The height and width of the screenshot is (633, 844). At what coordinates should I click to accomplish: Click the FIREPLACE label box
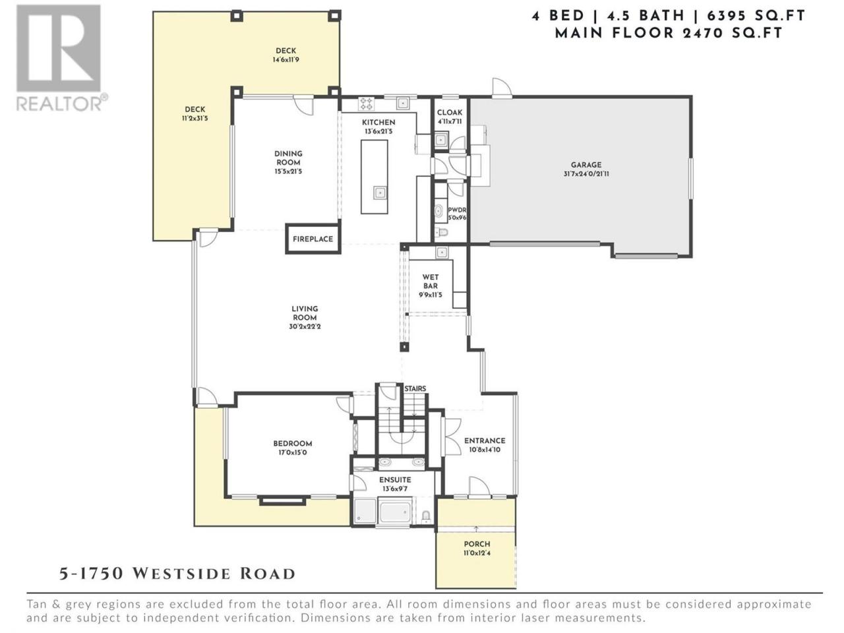point(313,239)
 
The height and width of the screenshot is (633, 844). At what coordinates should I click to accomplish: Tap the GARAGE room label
point(586,165)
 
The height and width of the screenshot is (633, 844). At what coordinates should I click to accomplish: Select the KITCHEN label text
point(378,122)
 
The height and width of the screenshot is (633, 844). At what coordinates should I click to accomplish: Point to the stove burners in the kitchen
point(366,104)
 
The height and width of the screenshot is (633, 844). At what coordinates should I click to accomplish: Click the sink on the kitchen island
point(380,192)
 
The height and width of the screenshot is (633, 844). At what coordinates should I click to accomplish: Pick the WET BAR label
point(431,282)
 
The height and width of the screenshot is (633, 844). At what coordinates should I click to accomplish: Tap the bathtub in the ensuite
point(394,510)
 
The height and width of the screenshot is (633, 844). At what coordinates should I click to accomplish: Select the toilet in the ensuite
point(425,516)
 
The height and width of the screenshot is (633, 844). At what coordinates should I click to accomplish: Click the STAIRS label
point(415,388)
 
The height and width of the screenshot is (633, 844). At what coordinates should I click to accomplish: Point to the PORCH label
point(477,544)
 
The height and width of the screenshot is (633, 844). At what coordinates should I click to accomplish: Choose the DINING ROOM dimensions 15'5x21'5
point(288,171)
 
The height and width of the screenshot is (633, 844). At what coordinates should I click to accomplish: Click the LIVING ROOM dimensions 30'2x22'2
point(304,326)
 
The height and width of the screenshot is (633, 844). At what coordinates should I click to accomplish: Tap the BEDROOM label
point(293,443)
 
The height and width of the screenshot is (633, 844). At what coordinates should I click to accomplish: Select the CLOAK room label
point(450,113)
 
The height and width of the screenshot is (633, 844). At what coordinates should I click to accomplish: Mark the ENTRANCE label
point(485,440)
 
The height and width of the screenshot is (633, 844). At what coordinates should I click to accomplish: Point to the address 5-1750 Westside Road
point(177,574)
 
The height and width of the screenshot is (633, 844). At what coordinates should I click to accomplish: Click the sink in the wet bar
point(441,253)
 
